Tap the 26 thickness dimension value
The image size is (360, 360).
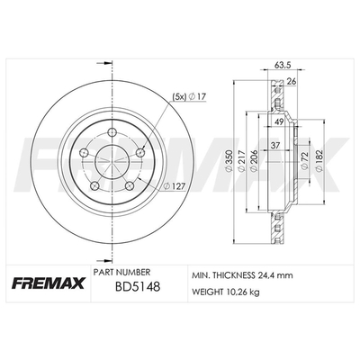291,81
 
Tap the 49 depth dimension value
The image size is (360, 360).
279,121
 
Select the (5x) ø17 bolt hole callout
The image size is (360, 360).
188,96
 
